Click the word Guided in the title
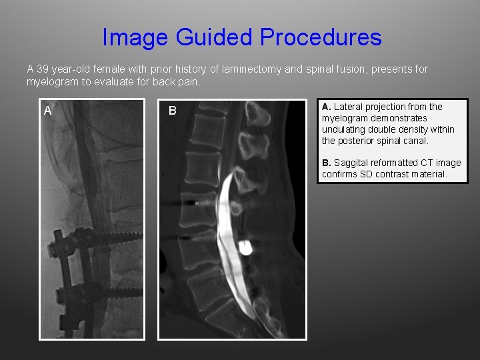[x=214, y=37]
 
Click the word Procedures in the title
[x=321, y=37]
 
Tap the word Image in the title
[x=136, y=37]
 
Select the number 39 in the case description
[x=43, y=69]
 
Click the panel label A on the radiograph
[x=48, y=111]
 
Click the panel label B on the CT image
[x=172, y=111]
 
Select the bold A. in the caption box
[x=327, y=107]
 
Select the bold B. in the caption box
[x=327, y=163]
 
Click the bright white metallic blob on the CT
[x=245, y=248]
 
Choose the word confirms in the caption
[x=341, y=175]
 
